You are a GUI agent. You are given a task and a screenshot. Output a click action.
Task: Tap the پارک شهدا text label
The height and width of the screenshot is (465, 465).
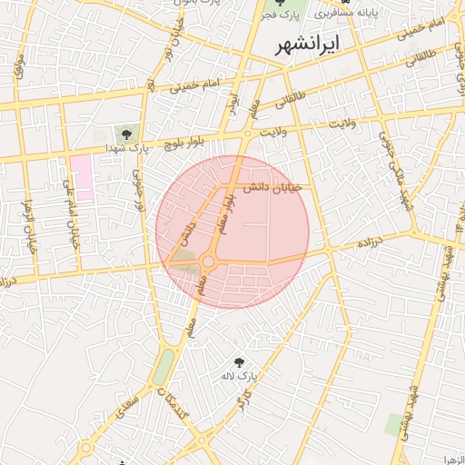click(x=126, y=147)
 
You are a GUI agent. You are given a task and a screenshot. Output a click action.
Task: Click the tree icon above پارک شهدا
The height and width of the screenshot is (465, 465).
click(x=126, y=134)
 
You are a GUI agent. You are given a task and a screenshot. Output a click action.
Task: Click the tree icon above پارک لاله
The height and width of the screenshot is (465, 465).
click(x=241, y=361)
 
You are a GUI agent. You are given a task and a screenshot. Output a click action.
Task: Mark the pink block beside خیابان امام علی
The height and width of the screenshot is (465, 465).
click(x=83, y=177)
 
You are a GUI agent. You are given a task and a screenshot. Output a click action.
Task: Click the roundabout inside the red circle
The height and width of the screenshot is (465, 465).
click(x=208, y=262)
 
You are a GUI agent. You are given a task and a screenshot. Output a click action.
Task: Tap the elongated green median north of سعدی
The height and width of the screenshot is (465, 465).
click(x=163, y=367)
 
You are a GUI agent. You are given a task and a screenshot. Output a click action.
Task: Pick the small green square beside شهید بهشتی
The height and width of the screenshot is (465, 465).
click(x=394, y=423)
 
